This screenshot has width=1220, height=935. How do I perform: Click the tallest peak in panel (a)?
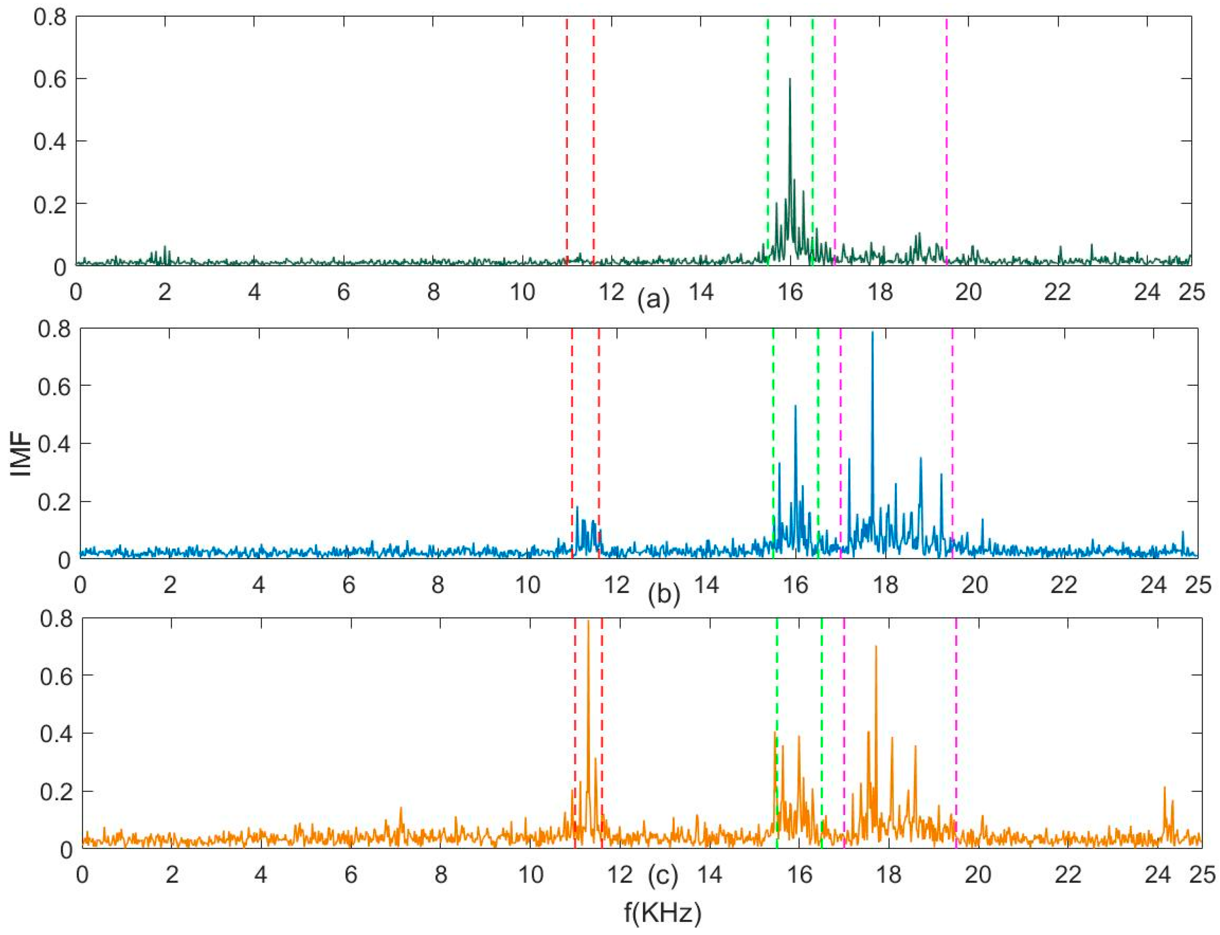[789, 80]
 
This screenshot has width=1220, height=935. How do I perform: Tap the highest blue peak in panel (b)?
[872, 333]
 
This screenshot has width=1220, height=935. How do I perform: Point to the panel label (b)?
[664, 594]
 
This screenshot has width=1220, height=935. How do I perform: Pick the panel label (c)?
[663, 875]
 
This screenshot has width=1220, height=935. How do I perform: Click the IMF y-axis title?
[21, 444]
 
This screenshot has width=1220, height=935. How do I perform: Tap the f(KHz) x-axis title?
[662, 913]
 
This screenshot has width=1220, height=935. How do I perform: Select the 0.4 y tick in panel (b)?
[55, 444]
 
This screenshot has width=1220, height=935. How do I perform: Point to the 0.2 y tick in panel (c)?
[56, 791]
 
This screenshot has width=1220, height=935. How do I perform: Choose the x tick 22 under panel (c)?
[1068, 874]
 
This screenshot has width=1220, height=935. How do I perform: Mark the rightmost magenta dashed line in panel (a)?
[946, 139]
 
